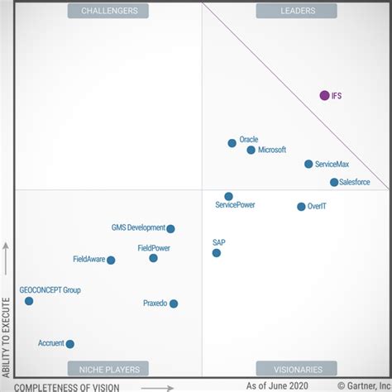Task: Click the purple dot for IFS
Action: pyautogui.click(x=324, y=95)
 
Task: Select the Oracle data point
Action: pyautogui.click(x=232, y=143)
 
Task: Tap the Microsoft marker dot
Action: pyautogui.click(x=251, y=150)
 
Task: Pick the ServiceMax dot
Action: pyautogui.click(x=308, y=164)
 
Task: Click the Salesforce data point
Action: pyautogui.click(x=334, y=182)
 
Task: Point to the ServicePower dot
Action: pyautogui.click(x=228, y=196)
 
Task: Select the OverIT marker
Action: pyautogui.click(x=301, y=207)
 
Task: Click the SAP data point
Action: pyautogui.click(x=217, y=253)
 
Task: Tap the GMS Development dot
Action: pyautogui.click(x=171, y=229)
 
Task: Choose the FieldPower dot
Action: pyautogui.click(x=153, y=258)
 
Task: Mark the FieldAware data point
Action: pyautogui.click(x=111, y=260)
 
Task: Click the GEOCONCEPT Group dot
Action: pyautogui.click(x=29, y=301)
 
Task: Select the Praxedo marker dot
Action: pyautogui.click(x=174, y=304)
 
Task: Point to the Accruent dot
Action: pyautogui.click(x=70, y=344)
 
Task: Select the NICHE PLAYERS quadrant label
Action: pyautogui.click(x=110, y=369)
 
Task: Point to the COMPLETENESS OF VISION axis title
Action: pyautogui.click(x=67, y=386)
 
